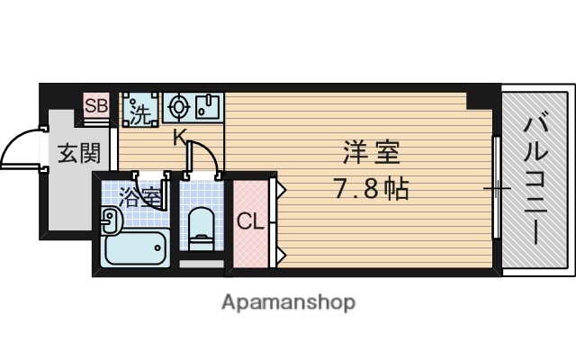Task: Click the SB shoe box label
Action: click(x=95, y=106)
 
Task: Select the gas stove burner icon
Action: click(x=176, y=107)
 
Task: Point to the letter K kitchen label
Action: click(x=179, y=138)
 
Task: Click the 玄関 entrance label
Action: click(x=78, y=154)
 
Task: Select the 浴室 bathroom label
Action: click(x=139, y=195)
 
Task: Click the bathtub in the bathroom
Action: click(x=136, y=247)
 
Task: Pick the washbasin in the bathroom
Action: click(x=109, y=219)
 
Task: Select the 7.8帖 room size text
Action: click(x=370, y=190)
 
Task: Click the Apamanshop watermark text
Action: click(x=288, y=301)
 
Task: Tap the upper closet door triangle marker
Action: click(x=280, y=189)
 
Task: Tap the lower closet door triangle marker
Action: click(x=280, y=256)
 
